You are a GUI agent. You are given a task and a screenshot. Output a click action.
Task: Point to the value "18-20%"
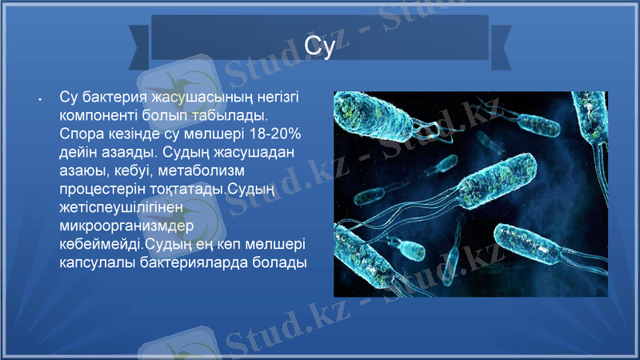pos(274,133)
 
